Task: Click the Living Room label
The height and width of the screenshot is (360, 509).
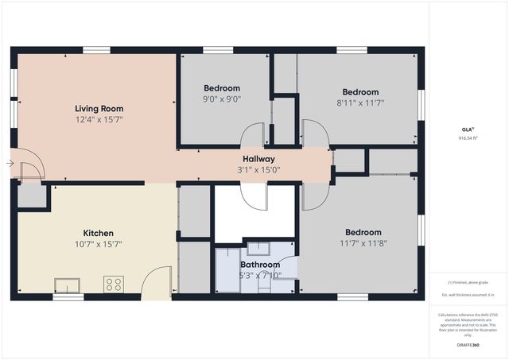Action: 99,108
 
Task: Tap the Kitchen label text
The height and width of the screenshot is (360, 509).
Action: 99,233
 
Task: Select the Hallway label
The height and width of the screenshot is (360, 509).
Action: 258,159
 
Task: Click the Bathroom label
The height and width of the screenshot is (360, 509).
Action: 260,265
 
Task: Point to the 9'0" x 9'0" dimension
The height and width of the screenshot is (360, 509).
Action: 222,99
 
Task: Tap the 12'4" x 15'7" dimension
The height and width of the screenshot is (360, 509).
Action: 99,119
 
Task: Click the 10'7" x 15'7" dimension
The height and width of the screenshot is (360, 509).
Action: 99,244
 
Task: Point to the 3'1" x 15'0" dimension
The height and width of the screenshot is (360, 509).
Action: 258,169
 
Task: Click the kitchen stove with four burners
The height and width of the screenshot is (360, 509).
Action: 113,284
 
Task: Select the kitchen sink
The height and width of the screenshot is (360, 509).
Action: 67,285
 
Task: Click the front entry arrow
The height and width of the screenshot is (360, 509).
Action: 9,164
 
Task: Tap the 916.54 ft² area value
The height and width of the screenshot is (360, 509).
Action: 468,138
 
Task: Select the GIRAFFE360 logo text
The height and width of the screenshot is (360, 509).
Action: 468,346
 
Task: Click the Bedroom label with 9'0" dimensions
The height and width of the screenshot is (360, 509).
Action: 222,88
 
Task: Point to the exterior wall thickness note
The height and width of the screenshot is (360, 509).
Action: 468,295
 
